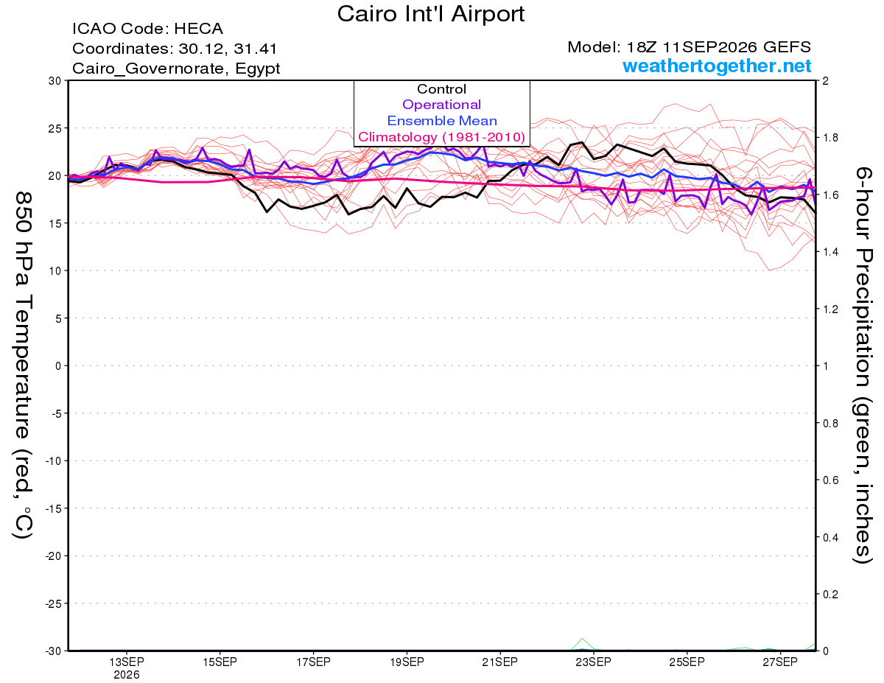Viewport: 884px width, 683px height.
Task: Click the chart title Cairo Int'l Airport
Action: (x=430, y=14)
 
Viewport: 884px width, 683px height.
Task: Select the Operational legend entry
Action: (x=441, y=105)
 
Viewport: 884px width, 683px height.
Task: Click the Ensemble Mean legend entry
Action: (x=442, y=121)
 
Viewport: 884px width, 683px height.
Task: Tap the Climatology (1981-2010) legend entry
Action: (x=441, y=137)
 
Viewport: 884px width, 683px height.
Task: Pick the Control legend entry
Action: (x=441, y=89)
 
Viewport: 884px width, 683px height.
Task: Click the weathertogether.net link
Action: (x=717, y=66)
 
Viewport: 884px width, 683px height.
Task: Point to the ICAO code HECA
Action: (x=198, y=29)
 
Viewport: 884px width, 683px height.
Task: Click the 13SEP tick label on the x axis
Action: (x=127, y=662)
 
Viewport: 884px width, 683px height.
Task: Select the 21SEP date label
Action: (x=500, y=662)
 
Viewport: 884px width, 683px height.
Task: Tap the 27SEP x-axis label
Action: (x=780, y=662)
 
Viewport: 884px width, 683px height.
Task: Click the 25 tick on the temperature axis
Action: (x=55, y=128)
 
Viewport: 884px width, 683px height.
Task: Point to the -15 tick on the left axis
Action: (x=53, y=508)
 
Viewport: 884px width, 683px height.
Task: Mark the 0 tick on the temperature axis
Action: (x=58, y=366)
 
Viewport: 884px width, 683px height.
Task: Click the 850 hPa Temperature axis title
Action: (x=23, y=365)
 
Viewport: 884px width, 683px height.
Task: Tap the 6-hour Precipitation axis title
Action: (x=863, y=365)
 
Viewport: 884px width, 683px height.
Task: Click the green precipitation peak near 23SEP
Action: (x=583, y=639)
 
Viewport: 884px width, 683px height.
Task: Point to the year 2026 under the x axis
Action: (x=127, y=675)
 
